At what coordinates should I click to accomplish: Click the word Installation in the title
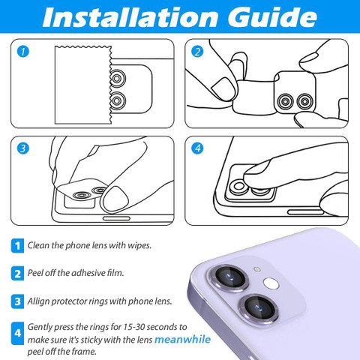click(130, 17)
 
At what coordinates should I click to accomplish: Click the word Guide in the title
click(272, 17)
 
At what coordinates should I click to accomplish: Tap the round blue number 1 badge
click(23, 52)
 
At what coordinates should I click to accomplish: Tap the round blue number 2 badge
click(197, 52)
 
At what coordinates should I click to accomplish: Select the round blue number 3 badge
click(23, 148)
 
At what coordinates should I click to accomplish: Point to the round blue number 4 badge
click(197, 148)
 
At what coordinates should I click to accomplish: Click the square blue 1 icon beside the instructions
click(17, 246)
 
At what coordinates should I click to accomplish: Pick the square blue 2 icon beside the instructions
click(17, 274)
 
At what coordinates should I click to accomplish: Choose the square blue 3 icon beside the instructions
click(17, 301)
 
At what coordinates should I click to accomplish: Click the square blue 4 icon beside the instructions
click(17, 333)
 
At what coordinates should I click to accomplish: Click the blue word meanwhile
click(182, 340)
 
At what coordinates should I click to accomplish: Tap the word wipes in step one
click(139, 246)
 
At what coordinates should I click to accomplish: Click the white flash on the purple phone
click(271, 283)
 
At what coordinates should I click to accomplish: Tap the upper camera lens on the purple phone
click(230, 277)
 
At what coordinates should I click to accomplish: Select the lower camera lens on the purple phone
click(259, 307)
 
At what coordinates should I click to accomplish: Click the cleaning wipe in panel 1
click(83, 85)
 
